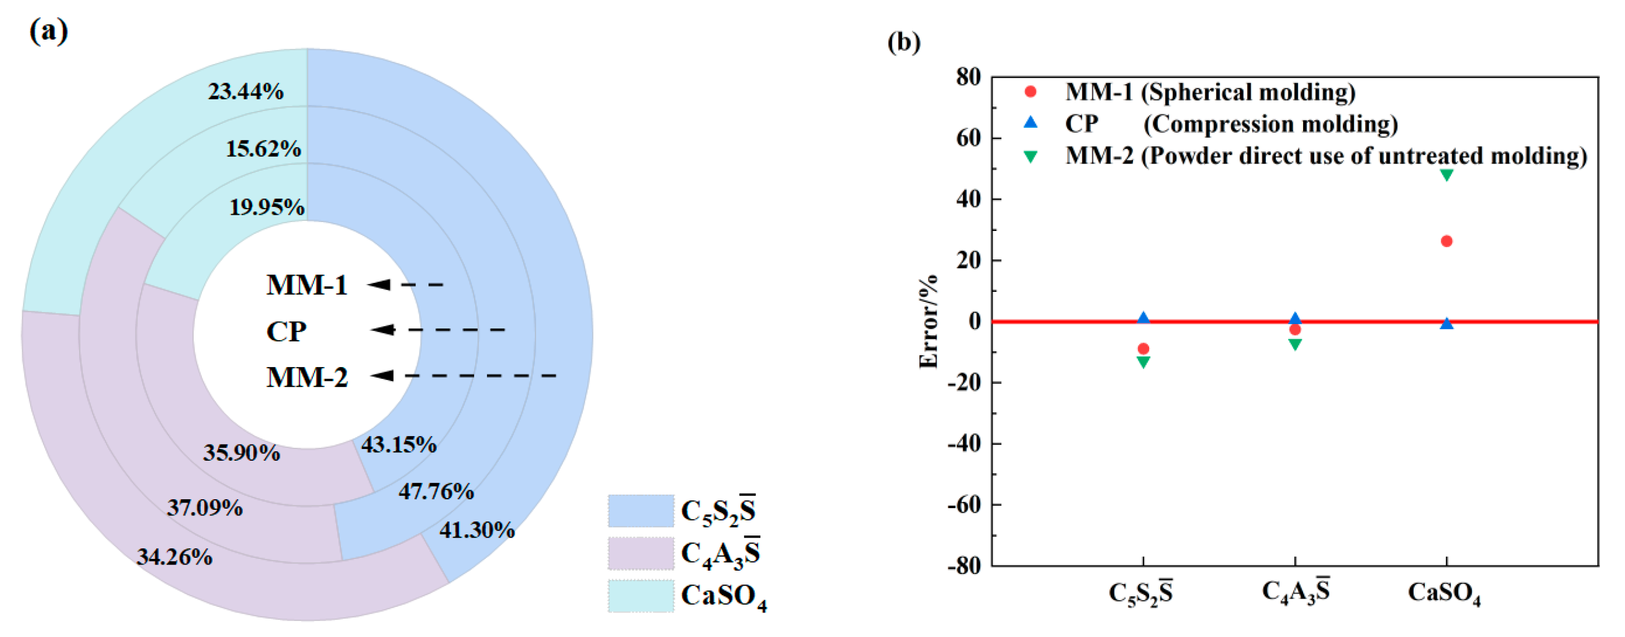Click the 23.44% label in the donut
pyautogui.click(x=245, y=92)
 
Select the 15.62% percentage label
pyautogui.click(x=263, y=149)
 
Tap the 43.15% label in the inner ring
pyautogui.click(x=399, y=445)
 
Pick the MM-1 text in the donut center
pyautogui.click(x=307, y=285)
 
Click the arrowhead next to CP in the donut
pyautogui.click(x=383, y=330)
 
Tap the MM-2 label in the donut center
pyautogui.click(x=307, y=378)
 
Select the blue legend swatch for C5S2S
pyautogui.click(x=640, y=511)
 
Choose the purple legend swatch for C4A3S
pyautogui.click(x=640, y=554)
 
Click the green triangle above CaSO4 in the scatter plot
pyautogui.click(x=1446, y=175)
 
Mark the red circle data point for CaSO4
pyautogui.click(x=1446, y=242)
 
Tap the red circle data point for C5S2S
pyautogui.click(x=1143, y=349)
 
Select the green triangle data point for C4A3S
pyautogui.click(x=1294, y=345)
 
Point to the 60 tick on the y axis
pyautogui.click(x=968, y=138)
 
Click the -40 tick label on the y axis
pyautogui.click(x=964, y=444)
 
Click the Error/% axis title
pyautogui.click(x=928, y=322)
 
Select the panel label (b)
pyautogui.click(x=903, y=42)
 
